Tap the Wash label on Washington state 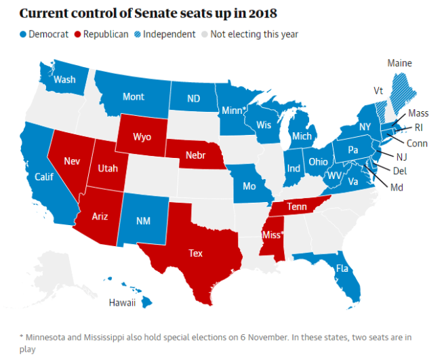(x=64, y=79)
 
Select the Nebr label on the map (x=196, y=155)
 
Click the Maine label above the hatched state (x=399, y=63)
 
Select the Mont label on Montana (x=133, y=97)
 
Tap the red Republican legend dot (x=77, y=34)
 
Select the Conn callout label (x=417, y=143)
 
